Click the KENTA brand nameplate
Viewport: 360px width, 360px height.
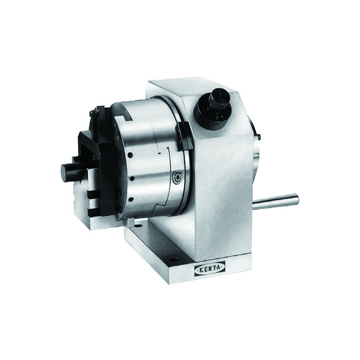click(210, 268)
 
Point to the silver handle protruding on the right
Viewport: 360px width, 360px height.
click(276, 201)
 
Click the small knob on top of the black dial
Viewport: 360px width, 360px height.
click(220, 98)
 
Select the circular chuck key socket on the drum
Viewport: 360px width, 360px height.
click(178, 177)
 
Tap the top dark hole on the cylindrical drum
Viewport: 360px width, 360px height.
click(130, 155)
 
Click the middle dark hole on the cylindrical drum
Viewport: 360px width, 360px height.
click(132, 178)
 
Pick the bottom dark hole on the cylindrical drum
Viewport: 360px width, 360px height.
click(131, 200)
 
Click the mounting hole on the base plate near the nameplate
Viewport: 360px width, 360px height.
click(174, 260)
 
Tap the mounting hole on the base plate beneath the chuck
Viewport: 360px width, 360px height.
click(138, 225)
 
